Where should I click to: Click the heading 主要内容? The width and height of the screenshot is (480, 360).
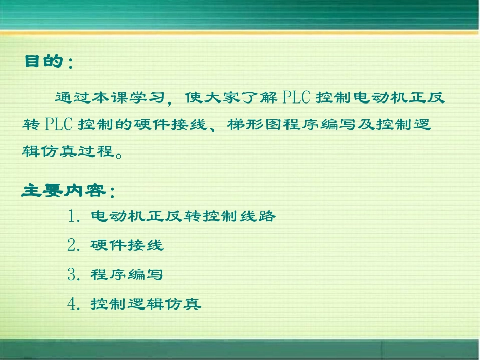coord(64,191)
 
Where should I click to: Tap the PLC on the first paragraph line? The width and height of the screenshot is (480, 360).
coord(296,97)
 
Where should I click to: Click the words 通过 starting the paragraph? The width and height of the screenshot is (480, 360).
coord(68,97)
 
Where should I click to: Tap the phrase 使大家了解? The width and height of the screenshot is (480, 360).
coord(229,97)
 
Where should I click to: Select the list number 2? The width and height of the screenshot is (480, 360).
coord(73,246)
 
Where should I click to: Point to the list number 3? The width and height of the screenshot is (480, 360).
coord(73,275)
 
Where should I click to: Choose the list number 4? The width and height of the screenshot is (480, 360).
coord(73,304)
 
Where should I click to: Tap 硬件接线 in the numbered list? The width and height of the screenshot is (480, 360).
coord(127,246)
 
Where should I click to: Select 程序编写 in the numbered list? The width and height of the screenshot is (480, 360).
coord(127,275)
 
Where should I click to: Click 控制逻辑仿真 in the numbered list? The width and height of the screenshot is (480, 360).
coord(146,304)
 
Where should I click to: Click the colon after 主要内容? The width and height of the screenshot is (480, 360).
coord(112,193)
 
